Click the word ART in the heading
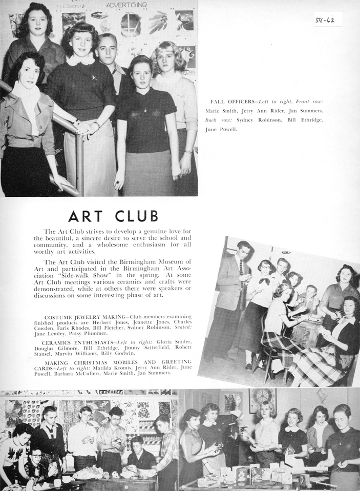(88, 215)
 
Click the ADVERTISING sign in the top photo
(126, 5)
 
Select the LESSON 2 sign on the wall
(71, 6)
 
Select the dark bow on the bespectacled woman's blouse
(264, 280)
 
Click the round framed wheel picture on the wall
(262, 400)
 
